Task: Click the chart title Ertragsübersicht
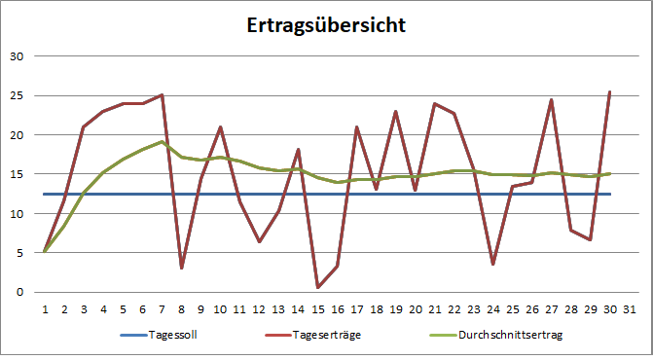(x=326, y=25)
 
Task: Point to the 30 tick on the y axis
(x=16, y=55)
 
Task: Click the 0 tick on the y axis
(x=18, y=292)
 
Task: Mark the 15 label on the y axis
(x=16, y=174)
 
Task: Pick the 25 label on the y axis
(x=16, y=95)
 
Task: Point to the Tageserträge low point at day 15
(x=317, y=287)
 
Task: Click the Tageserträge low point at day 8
(x=181, y=268)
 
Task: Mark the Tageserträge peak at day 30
(x=609, y=91)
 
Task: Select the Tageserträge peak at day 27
(x=551, y=99)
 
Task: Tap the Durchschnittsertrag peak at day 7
(x=162, y=142)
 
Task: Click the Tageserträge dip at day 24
(x=492, y=264)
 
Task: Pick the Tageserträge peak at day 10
(x=220, y=126)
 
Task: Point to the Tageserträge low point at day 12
(x=259, y=241)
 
